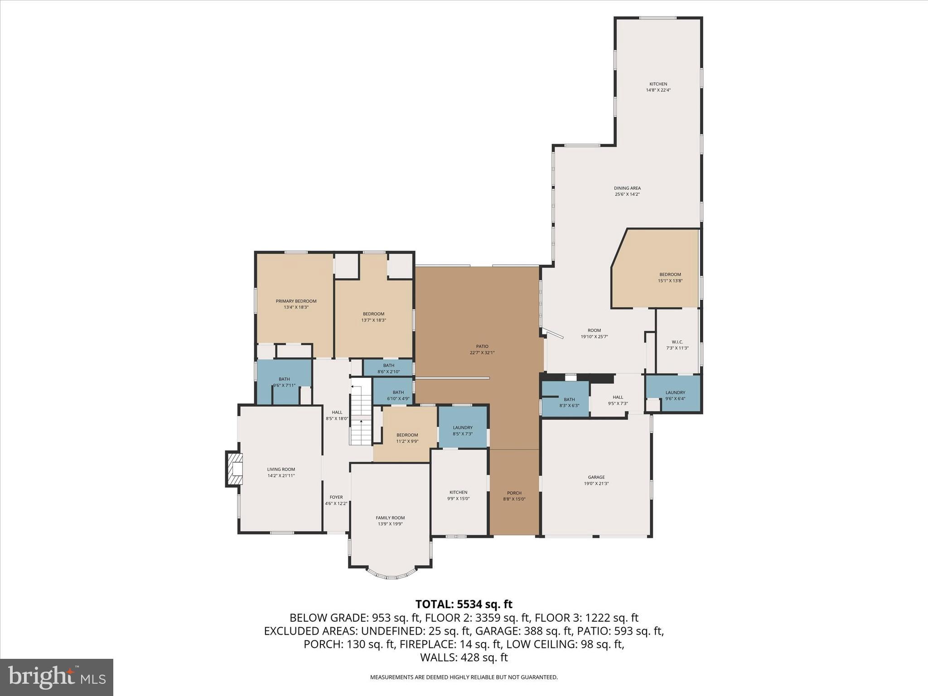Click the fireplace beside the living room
234,469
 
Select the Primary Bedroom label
296,301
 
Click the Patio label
482,347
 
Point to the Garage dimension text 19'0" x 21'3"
596,483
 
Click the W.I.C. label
677,342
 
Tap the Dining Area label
627,188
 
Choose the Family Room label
390,518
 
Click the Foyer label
336,497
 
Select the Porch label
514,493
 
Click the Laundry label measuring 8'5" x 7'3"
463,427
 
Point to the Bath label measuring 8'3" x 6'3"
569,399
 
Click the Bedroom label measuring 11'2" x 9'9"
407,435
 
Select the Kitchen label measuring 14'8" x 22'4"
658,84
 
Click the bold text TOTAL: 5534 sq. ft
464,604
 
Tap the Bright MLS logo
57,677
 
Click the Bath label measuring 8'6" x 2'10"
389,365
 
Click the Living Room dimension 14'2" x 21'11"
281,476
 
